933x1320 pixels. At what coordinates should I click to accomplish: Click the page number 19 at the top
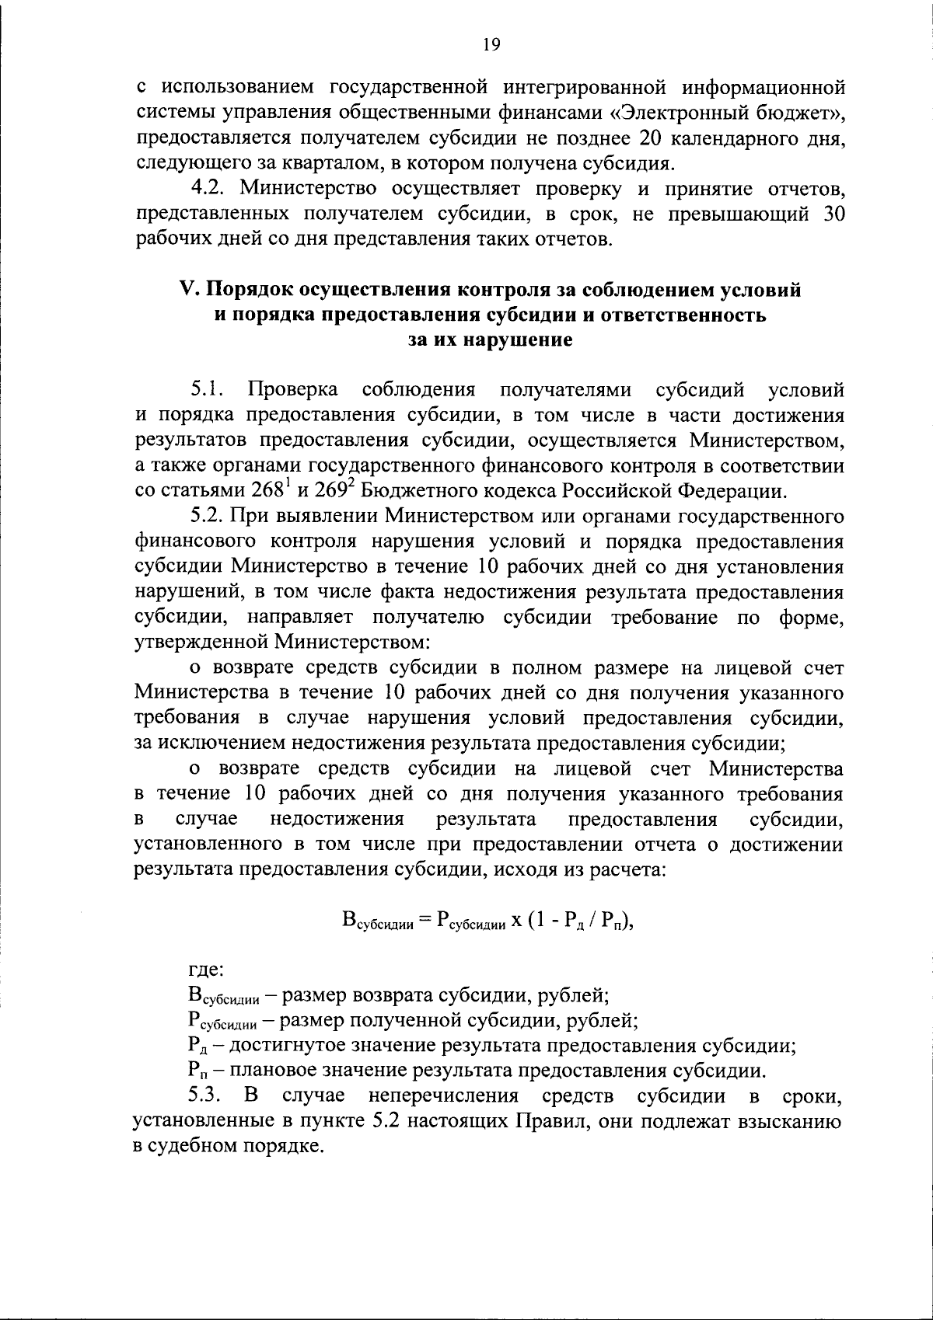(490, 45)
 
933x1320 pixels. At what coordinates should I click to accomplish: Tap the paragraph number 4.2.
(208, 188)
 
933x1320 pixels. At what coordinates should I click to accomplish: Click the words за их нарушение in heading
(490, 340)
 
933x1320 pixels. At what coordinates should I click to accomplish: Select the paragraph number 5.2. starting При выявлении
(208, 516)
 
